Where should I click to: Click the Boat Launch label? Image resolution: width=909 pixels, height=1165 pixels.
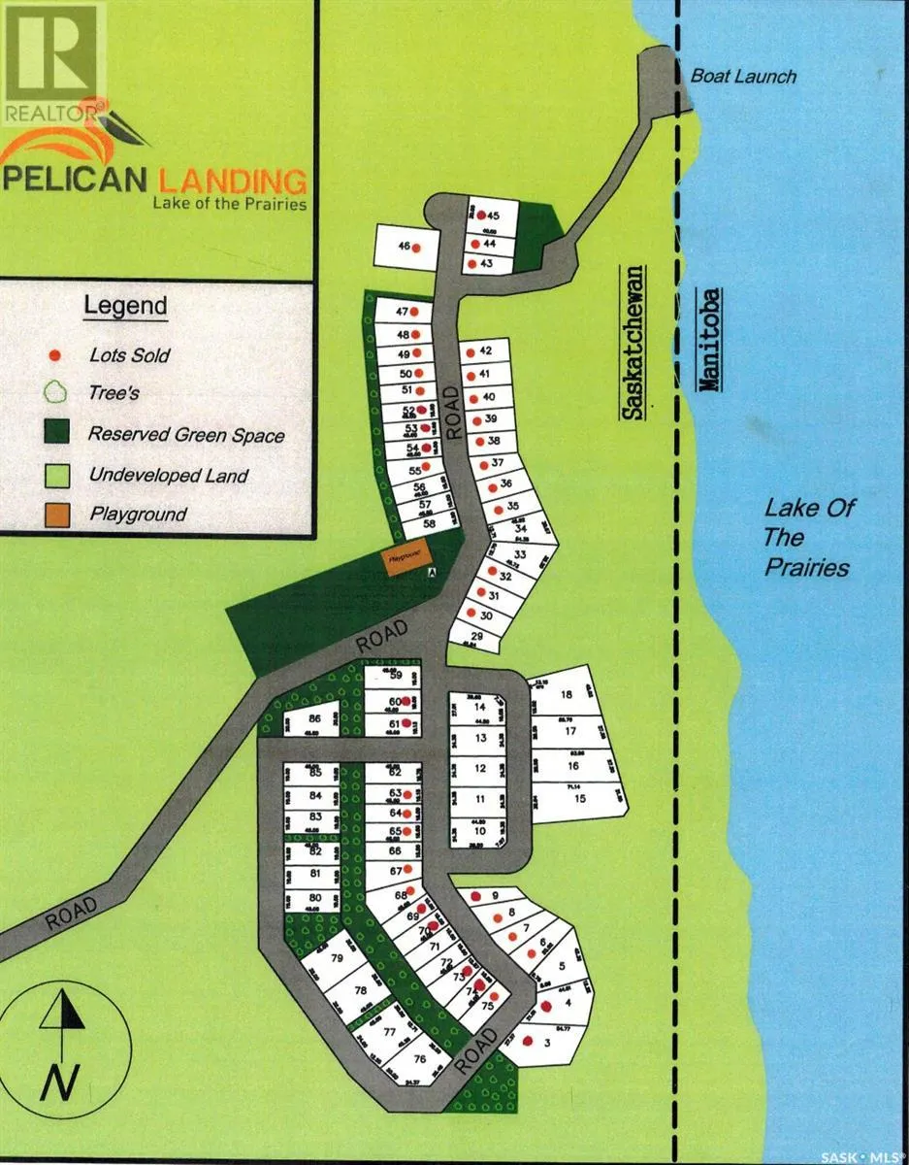(x=743, y=76)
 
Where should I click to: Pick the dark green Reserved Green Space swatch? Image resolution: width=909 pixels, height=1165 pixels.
(x=56, y=433)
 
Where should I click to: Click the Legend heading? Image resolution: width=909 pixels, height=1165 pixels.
(x=125, y=305)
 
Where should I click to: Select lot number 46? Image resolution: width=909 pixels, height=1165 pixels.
(x=404, y=248)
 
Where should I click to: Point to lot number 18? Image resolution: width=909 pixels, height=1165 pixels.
(x=567, y=694)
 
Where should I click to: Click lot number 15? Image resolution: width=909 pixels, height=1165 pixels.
(x=580, y=799)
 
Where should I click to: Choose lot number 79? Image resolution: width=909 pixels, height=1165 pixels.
(x=337, y=958)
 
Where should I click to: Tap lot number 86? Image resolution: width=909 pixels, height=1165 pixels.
(x=313, y=719)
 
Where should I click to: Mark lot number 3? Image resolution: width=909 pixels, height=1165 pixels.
(x=549, y=1044)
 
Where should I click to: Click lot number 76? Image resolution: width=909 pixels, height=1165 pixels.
(x=419, y=1059)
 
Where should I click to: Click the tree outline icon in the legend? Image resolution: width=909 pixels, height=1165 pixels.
(x=56, y=393)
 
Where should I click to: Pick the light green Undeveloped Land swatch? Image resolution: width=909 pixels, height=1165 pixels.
(x=56, y=475)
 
